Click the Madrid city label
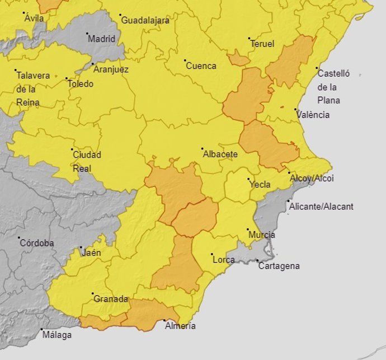102,39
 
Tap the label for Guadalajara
145,21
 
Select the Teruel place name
263,44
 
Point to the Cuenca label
201,66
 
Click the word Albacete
220,155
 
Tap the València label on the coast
313,115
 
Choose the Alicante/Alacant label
321,207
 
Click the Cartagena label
279,266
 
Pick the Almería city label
181,326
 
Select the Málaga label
57,335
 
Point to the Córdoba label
36,244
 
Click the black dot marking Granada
93,293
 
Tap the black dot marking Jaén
81,247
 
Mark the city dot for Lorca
212,255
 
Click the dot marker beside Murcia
248,229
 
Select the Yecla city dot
249,179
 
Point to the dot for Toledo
67,79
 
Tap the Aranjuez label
111,70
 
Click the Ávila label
34,18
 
